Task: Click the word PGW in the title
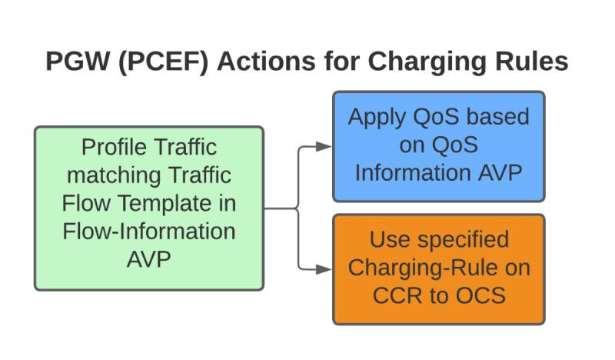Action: (x=78, y=62)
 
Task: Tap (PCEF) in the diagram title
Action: (x=163, y=62)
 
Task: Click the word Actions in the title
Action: (x=266, y=62)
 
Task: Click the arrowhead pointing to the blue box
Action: (x=324, y=146)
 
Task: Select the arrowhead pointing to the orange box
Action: (x=324, y=269)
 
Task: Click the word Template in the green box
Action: (x=164, y=204)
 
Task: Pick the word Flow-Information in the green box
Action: (x=149, y=232)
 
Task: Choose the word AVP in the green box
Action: (x=149, y=259)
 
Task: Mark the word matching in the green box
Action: (x=112, y=176)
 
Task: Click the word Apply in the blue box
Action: (x=377, y=118)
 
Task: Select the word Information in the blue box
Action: (x=413, y=173)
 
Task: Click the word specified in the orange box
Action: (x=464, y=240)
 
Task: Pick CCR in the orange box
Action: (x=397, y=296)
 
